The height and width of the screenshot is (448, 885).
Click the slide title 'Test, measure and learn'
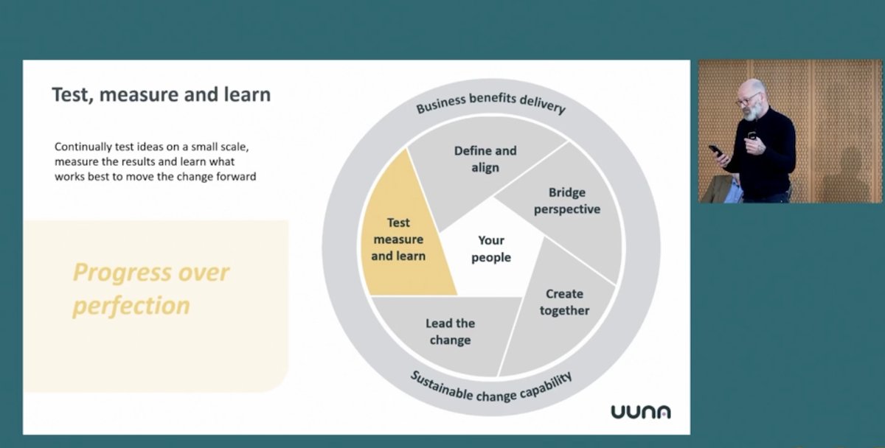pyautogui.click(x=161, y=95)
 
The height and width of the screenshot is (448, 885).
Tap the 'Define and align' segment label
pyautogui.click(x=485, y=158)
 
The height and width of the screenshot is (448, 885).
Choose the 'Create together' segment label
pyautogui.click(x=564, y=302)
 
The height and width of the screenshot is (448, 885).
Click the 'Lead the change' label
pyautogui.click(x=450, y=332)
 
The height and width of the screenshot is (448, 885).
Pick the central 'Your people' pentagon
pyautogui.click(x=490, y=249)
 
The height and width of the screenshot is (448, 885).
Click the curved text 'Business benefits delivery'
pyautogui.click(x=490, y=102)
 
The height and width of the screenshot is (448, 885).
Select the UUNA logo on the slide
pyautogui.click(x=640, y=412)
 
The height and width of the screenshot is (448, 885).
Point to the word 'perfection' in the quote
pyautogui.click(x=131, y=305)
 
